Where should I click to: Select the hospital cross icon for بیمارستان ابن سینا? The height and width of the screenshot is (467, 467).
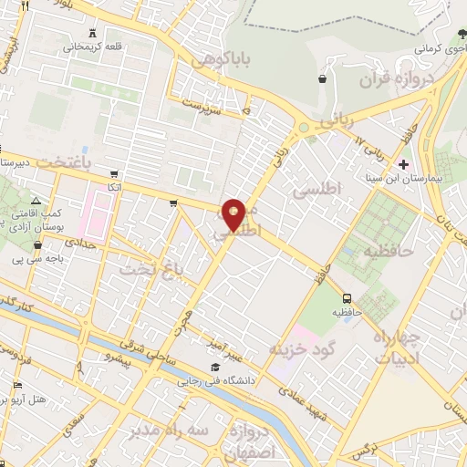(404, 164)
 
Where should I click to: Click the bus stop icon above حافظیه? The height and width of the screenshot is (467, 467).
(347, 297)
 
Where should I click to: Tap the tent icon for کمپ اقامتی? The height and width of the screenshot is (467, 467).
(36, 201)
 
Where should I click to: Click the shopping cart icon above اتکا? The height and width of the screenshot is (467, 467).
(113, 174)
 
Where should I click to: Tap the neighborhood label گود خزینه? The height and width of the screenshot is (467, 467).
(304, 349)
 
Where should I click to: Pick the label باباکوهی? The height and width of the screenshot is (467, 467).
(218, 59)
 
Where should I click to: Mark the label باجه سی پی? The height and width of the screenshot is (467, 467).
(24, 259)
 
